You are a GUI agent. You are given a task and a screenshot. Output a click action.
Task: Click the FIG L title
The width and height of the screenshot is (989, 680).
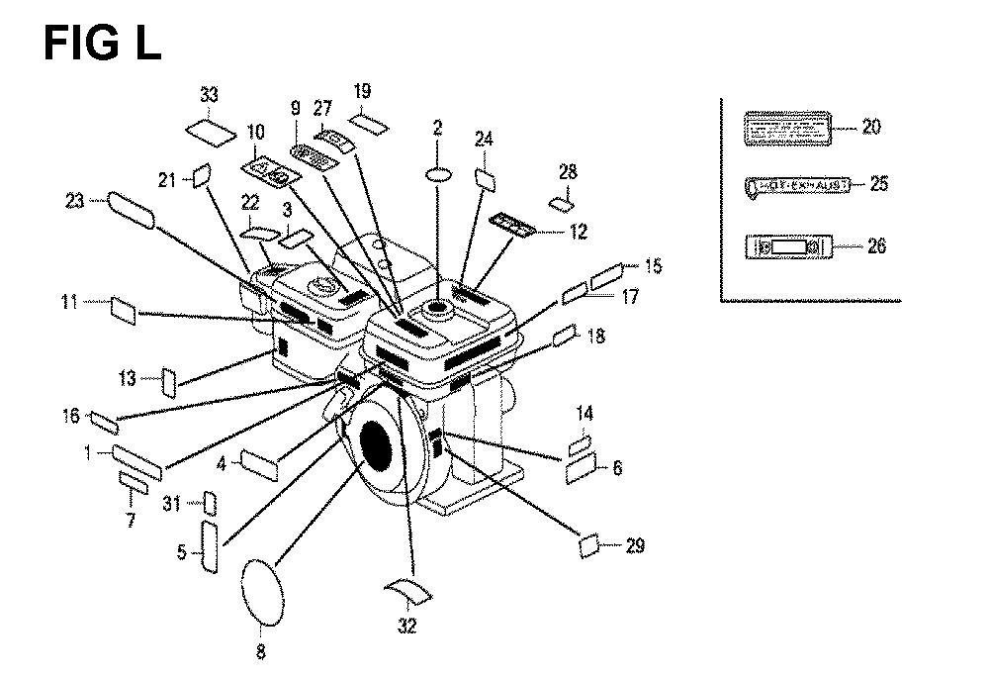click(102, 44)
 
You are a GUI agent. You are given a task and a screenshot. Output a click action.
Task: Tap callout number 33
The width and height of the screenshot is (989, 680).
click(209, 95)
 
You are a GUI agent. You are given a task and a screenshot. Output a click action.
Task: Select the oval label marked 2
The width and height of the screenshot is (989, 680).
click(440, 174)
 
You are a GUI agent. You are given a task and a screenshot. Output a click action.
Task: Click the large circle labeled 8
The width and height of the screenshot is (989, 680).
click(262, 590)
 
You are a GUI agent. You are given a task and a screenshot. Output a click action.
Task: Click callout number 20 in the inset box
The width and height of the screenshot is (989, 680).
click(870, 127)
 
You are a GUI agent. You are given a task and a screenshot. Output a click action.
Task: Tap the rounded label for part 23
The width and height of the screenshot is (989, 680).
click(131, 211)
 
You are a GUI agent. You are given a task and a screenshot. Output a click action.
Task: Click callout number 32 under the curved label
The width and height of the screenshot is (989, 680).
click(407, 626)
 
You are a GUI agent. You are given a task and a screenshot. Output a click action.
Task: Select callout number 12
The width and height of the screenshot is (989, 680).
click(579, 233)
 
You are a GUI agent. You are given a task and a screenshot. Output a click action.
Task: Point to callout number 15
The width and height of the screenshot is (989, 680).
click(653, 266)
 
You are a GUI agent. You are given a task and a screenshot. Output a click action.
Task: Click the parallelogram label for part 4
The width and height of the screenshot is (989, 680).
click(261, 463)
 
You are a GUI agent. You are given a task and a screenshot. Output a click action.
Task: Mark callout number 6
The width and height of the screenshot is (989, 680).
click(617, 468)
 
